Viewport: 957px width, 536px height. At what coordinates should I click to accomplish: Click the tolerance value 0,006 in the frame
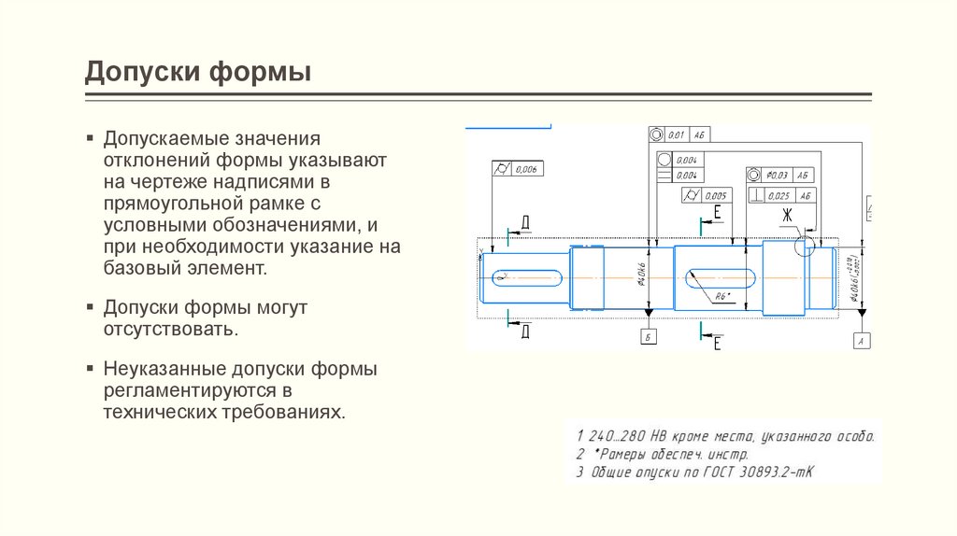coord(527,169)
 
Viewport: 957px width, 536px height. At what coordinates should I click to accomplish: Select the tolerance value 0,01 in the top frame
coord(676,134)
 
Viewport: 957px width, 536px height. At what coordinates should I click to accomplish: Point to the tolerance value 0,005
coord(715,195)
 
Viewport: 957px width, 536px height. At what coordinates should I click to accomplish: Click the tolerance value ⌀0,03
coord(777,175)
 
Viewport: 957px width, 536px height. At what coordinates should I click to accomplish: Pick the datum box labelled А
coord(862,342)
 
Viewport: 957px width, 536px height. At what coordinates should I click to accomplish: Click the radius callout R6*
coord(721,296)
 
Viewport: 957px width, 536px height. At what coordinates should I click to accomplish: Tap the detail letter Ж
coord(787,217)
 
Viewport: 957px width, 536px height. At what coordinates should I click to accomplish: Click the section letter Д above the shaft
coord(525,221)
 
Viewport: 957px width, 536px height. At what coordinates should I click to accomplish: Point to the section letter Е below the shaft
coord(717,345)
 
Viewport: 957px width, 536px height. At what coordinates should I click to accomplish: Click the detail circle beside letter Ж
coord(804,245)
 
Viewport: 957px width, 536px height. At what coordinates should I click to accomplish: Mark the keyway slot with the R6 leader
coord(721,276)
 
